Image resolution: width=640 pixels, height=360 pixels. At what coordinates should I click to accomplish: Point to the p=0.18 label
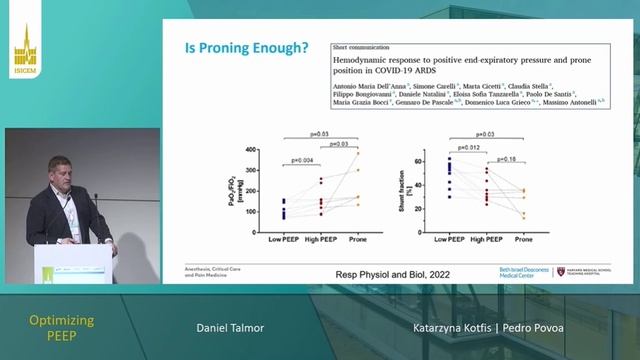[509, 159]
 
